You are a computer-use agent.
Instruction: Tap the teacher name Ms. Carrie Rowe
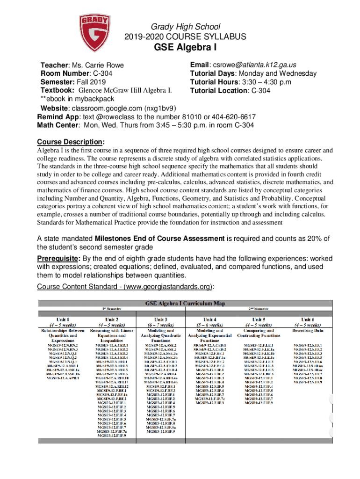pos(97,65)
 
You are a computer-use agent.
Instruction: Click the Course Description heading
pos(71,142)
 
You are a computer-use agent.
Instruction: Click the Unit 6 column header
pos(308,319)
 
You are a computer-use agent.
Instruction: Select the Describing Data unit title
pos(308,330)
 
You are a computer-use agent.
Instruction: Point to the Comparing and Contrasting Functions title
pos(259,333)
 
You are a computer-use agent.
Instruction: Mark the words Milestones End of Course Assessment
pos(160,239)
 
